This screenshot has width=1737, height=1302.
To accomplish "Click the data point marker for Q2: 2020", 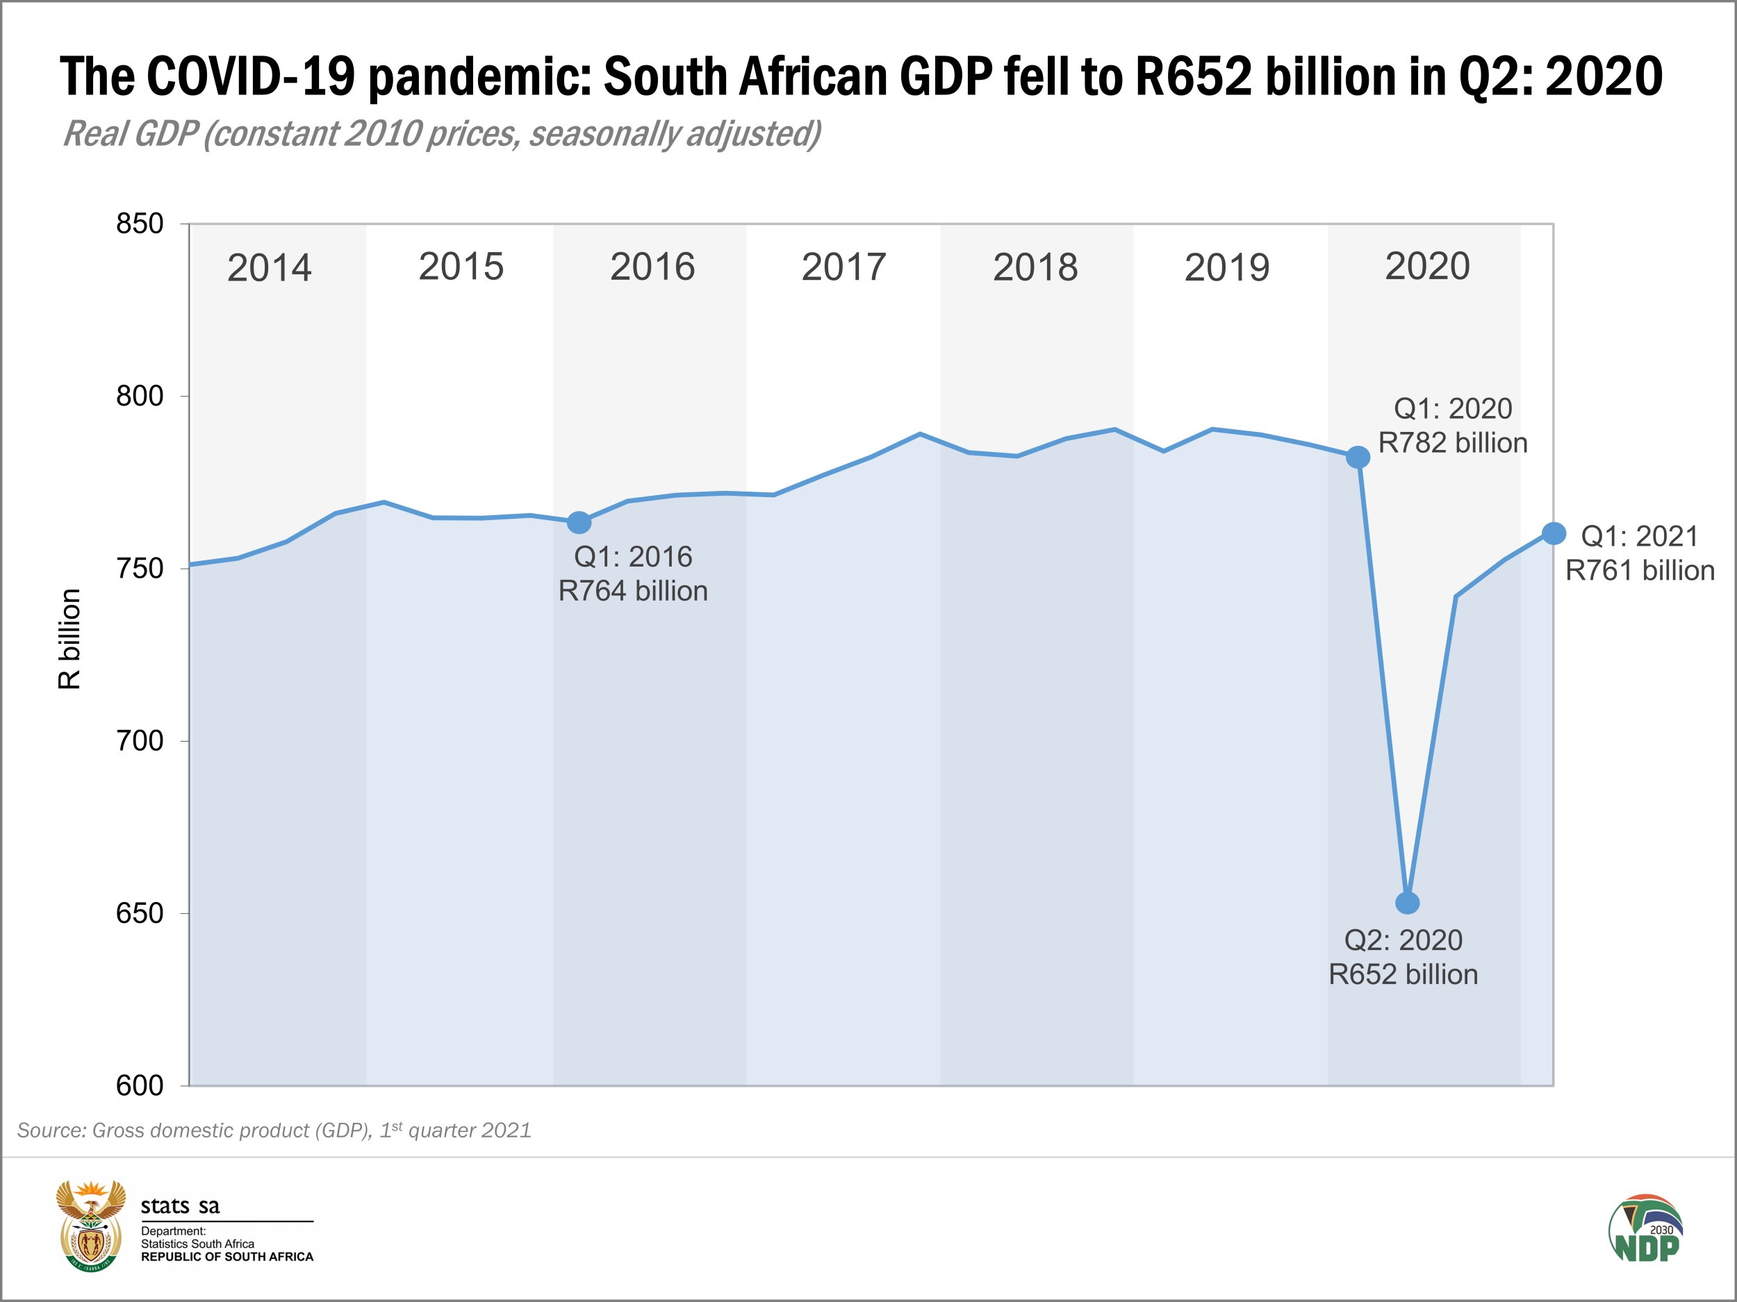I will pyautogui.click(x=1407, y=903).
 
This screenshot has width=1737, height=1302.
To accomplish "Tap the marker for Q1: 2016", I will pyautogui.click(x=579, y=522).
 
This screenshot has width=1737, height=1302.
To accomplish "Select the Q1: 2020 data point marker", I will pyautogui.click(x=1358, y=458).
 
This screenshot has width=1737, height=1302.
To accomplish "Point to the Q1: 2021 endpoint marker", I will pyautogui.click(x=1554, y=534).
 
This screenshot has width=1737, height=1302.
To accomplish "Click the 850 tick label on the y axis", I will pyautogui.click(x=140, y=224).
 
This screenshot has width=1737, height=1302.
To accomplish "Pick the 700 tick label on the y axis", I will pyautogui.click(x=140, y=740).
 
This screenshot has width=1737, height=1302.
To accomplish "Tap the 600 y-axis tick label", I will pyautogui.click(x=140, y=1085).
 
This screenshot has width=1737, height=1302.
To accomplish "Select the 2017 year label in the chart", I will pyautogui.click(x=843, y=267).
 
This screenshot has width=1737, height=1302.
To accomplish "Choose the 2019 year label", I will pyautogui.click(x=1226, y=267).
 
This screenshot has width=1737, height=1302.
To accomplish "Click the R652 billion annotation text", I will pyautogui.click(x=1403, y=975).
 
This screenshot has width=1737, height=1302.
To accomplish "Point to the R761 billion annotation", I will pyautogui.click(x=1640, y=571).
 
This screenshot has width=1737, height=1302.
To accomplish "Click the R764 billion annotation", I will pyautogui.click(x=633, y=591).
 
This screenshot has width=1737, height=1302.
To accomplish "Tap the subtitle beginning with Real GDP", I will pyautogui.click(x=442, y=133).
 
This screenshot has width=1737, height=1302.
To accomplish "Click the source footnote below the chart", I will pyautogui.click(x=274, y=1130).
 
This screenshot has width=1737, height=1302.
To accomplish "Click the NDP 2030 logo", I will pyautogui.click(x=1645, y=1229).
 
